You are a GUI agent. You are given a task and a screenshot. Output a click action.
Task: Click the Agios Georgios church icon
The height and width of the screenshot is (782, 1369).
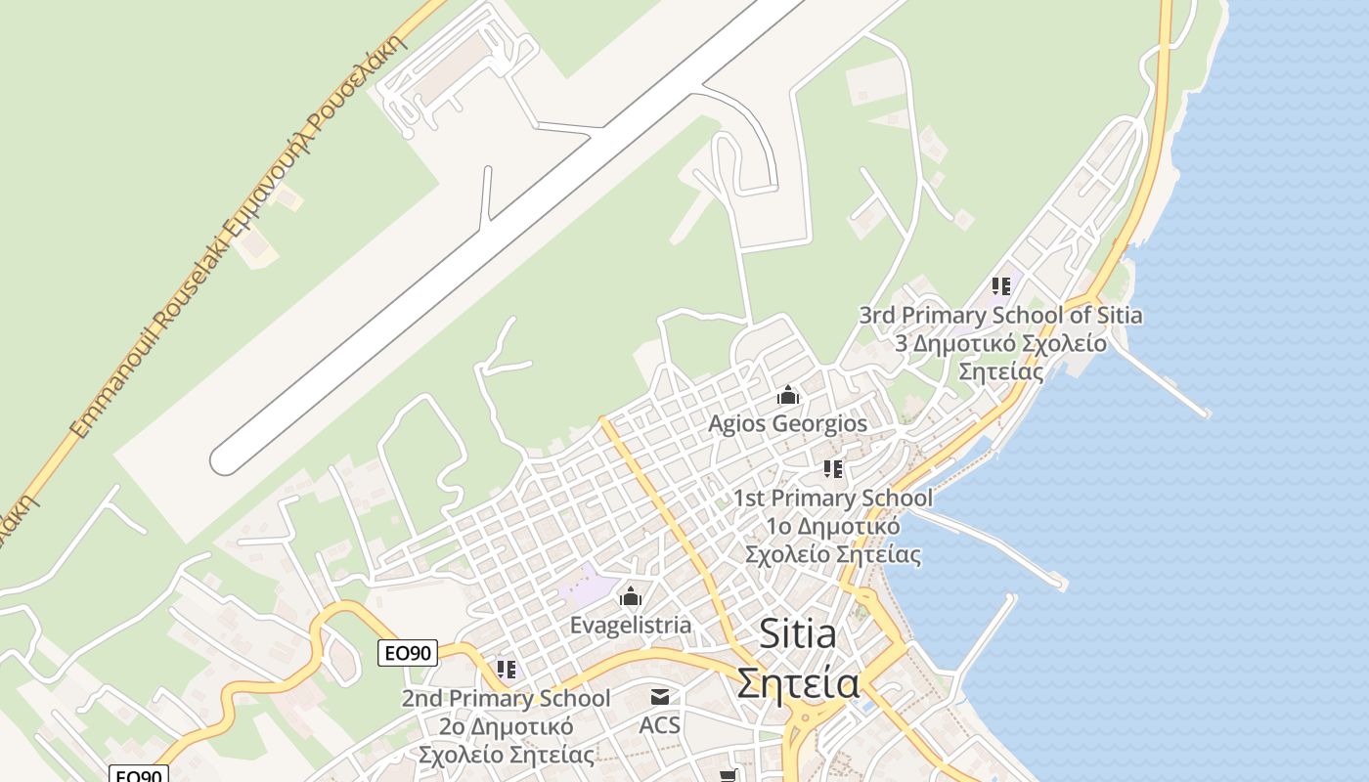788,395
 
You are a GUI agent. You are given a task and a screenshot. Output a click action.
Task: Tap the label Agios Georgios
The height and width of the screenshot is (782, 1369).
787,423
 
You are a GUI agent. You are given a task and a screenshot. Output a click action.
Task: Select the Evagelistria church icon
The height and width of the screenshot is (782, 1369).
631,595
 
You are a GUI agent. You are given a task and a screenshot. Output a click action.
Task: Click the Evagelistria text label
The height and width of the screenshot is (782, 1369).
631,625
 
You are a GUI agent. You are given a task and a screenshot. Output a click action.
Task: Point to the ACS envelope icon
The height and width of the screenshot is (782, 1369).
660,697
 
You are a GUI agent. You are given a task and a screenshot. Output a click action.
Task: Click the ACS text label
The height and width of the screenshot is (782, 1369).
660,725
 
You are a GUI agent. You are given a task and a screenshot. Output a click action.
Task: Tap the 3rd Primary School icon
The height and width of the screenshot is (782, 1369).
1000,286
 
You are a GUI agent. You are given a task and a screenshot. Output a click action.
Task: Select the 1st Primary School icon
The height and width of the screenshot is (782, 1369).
832,469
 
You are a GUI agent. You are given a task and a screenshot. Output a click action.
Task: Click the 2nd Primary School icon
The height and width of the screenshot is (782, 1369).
506,670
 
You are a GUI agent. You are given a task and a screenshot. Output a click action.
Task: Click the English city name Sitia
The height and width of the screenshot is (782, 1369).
798,635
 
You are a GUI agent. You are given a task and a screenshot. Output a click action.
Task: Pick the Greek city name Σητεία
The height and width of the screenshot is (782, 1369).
798,682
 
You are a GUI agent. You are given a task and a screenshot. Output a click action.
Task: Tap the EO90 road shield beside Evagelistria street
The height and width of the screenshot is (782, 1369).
408,653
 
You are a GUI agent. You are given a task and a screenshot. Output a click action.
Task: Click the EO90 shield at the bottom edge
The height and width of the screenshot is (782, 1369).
138,775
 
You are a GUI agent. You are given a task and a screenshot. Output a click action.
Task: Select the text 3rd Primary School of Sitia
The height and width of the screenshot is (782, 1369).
1000,315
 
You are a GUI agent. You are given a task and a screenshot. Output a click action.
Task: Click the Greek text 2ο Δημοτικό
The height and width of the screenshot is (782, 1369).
506,726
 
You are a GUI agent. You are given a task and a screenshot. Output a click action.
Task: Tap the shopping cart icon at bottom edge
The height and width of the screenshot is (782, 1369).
728,776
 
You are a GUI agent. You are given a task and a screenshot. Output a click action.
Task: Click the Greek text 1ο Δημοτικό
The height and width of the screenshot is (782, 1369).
832,526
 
